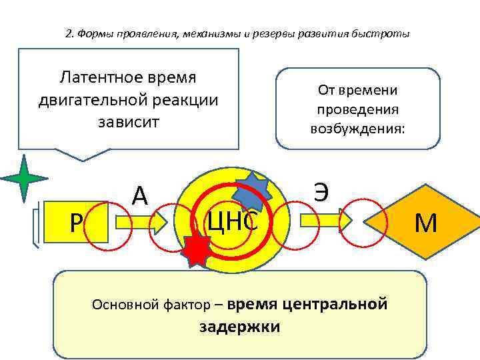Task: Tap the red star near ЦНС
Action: click(196, 250)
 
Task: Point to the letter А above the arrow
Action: click(139, 195)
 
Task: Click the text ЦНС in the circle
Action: click(233, 221)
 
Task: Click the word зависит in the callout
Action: click(128, 122)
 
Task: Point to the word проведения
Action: click(357, 109)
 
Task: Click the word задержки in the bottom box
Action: click(239, 327)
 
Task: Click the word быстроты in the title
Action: click(387, 34)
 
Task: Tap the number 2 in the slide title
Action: click(69, 34)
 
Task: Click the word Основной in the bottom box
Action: click(119, 305)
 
